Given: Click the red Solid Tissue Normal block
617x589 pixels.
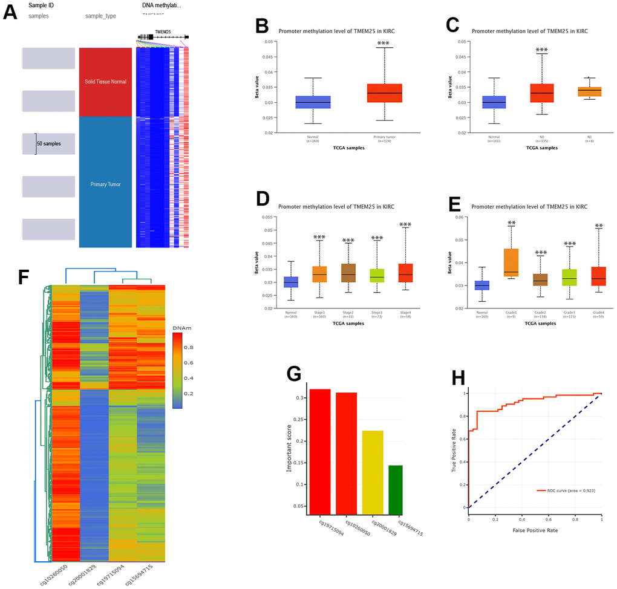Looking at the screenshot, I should [x=105, y=82].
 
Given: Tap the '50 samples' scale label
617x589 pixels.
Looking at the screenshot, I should [x=48, y=144].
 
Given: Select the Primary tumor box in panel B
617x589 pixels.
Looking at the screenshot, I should [x=384, y=93].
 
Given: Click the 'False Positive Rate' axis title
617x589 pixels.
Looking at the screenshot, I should [x=534, y=530].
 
